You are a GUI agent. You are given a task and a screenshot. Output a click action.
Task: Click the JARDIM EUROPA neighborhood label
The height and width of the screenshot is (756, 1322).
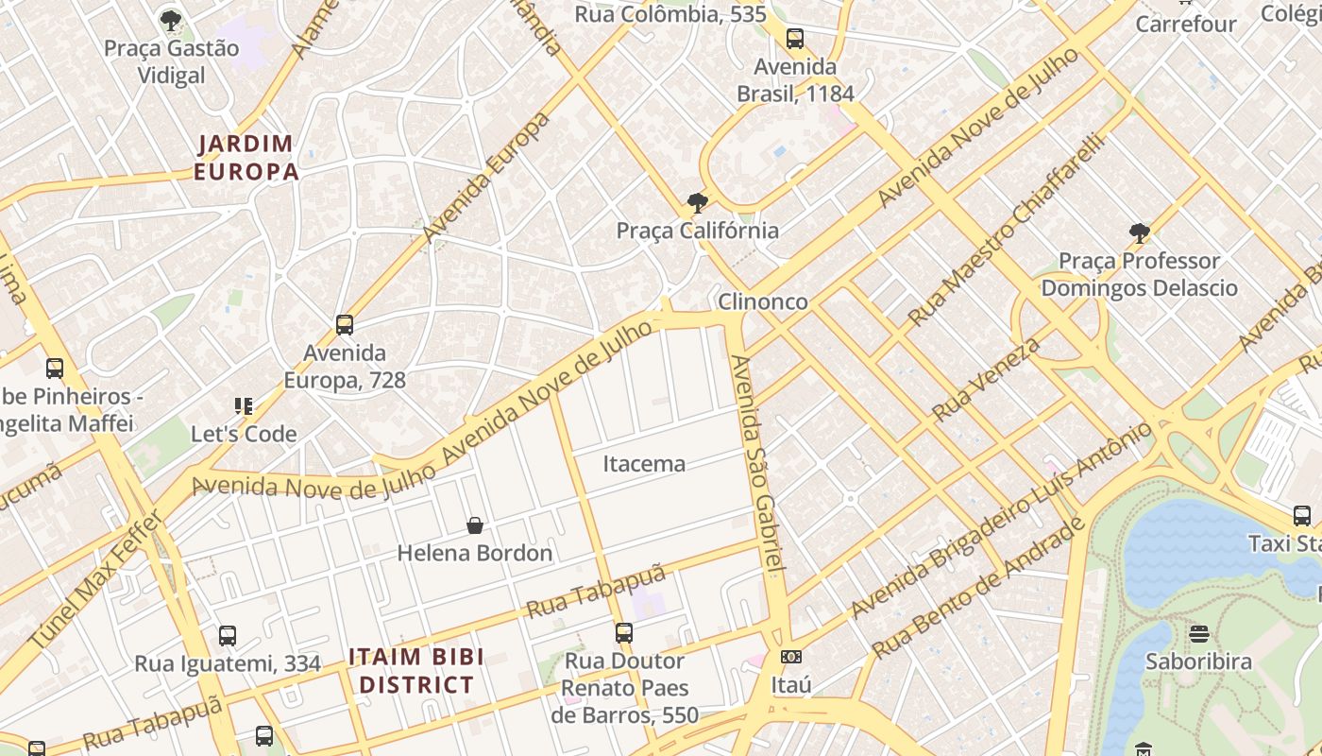pos(246,158)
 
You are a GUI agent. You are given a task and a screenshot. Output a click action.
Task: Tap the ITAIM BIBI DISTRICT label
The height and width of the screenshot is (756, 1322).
pos(415,671)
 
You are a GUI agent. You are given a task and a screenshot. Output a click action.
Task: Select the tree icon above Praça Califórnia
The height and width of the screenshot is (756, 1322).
pos(698,202)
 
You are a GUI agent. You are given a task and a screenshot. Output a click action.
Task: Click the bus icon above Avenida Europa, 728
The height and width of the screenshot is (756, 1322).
pos(345,325)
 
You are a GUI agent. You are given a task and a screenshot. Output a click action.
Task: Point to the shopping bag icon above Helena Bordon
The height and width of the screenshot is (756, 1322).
pos(475,525)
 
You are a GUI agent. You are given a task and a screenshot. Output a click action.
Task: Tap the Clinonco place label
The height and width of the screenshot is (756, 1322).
pos(762,301)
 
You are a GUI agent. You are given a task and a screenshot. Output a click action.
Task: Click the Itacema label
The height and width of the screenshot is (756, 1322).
pos(644,464)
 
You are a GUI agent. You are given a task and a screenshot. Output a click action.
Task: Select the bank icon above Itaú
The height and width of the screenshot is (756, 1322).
pos(791,657)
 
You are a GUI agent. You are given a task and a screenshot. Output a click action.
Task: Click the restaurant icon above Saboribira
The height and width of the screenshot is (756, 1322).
pos(1199,633)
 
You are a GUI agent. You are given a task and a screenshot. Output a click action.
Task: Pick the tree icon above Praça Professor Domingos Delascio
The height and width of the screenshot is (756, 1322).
pos(1140,232)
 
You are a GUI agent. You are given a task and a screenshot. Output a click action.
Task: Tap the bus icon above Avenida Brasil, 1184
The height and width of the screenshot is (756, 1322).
pos(795,39)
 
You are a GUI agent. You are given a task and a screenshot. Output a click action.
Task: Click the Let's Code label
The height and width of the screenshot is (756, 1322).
pos(244,435)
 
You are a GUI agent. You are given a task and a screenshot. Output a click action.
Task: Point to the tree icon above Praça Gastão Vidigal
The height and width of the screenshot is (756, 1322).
pos(171,20)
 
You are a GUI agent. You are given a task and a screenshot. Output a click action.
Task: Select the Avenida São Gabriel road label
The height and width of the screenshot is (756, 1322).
pos(759,463)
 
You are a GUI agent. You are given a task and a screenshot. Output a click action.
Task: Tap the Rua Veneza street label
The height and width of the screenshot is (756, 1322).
pos(986,379)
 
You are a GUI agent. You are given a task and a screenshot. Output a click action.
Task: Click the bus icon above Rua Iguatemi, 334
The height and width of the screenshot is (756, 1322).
pos(228,636)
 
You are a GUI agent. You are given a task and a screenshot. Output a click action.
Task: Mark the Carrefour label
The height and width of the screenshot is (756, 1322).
pos(1185,24)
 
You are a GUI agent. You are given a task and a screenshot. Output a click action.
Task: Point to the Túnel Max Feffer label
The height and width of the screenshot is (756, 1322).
pos(95,579)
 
